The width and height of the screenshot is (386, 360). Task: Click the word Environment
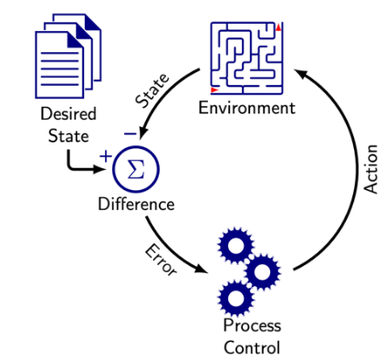247,109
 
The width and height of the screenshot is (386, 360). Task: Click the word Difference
136,203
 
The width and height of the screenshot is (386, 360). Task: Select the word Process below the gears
252,326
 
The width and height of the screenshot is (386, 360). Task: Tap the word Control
252,346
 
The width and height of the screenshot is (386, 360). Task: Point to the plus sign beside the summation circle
105,156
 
